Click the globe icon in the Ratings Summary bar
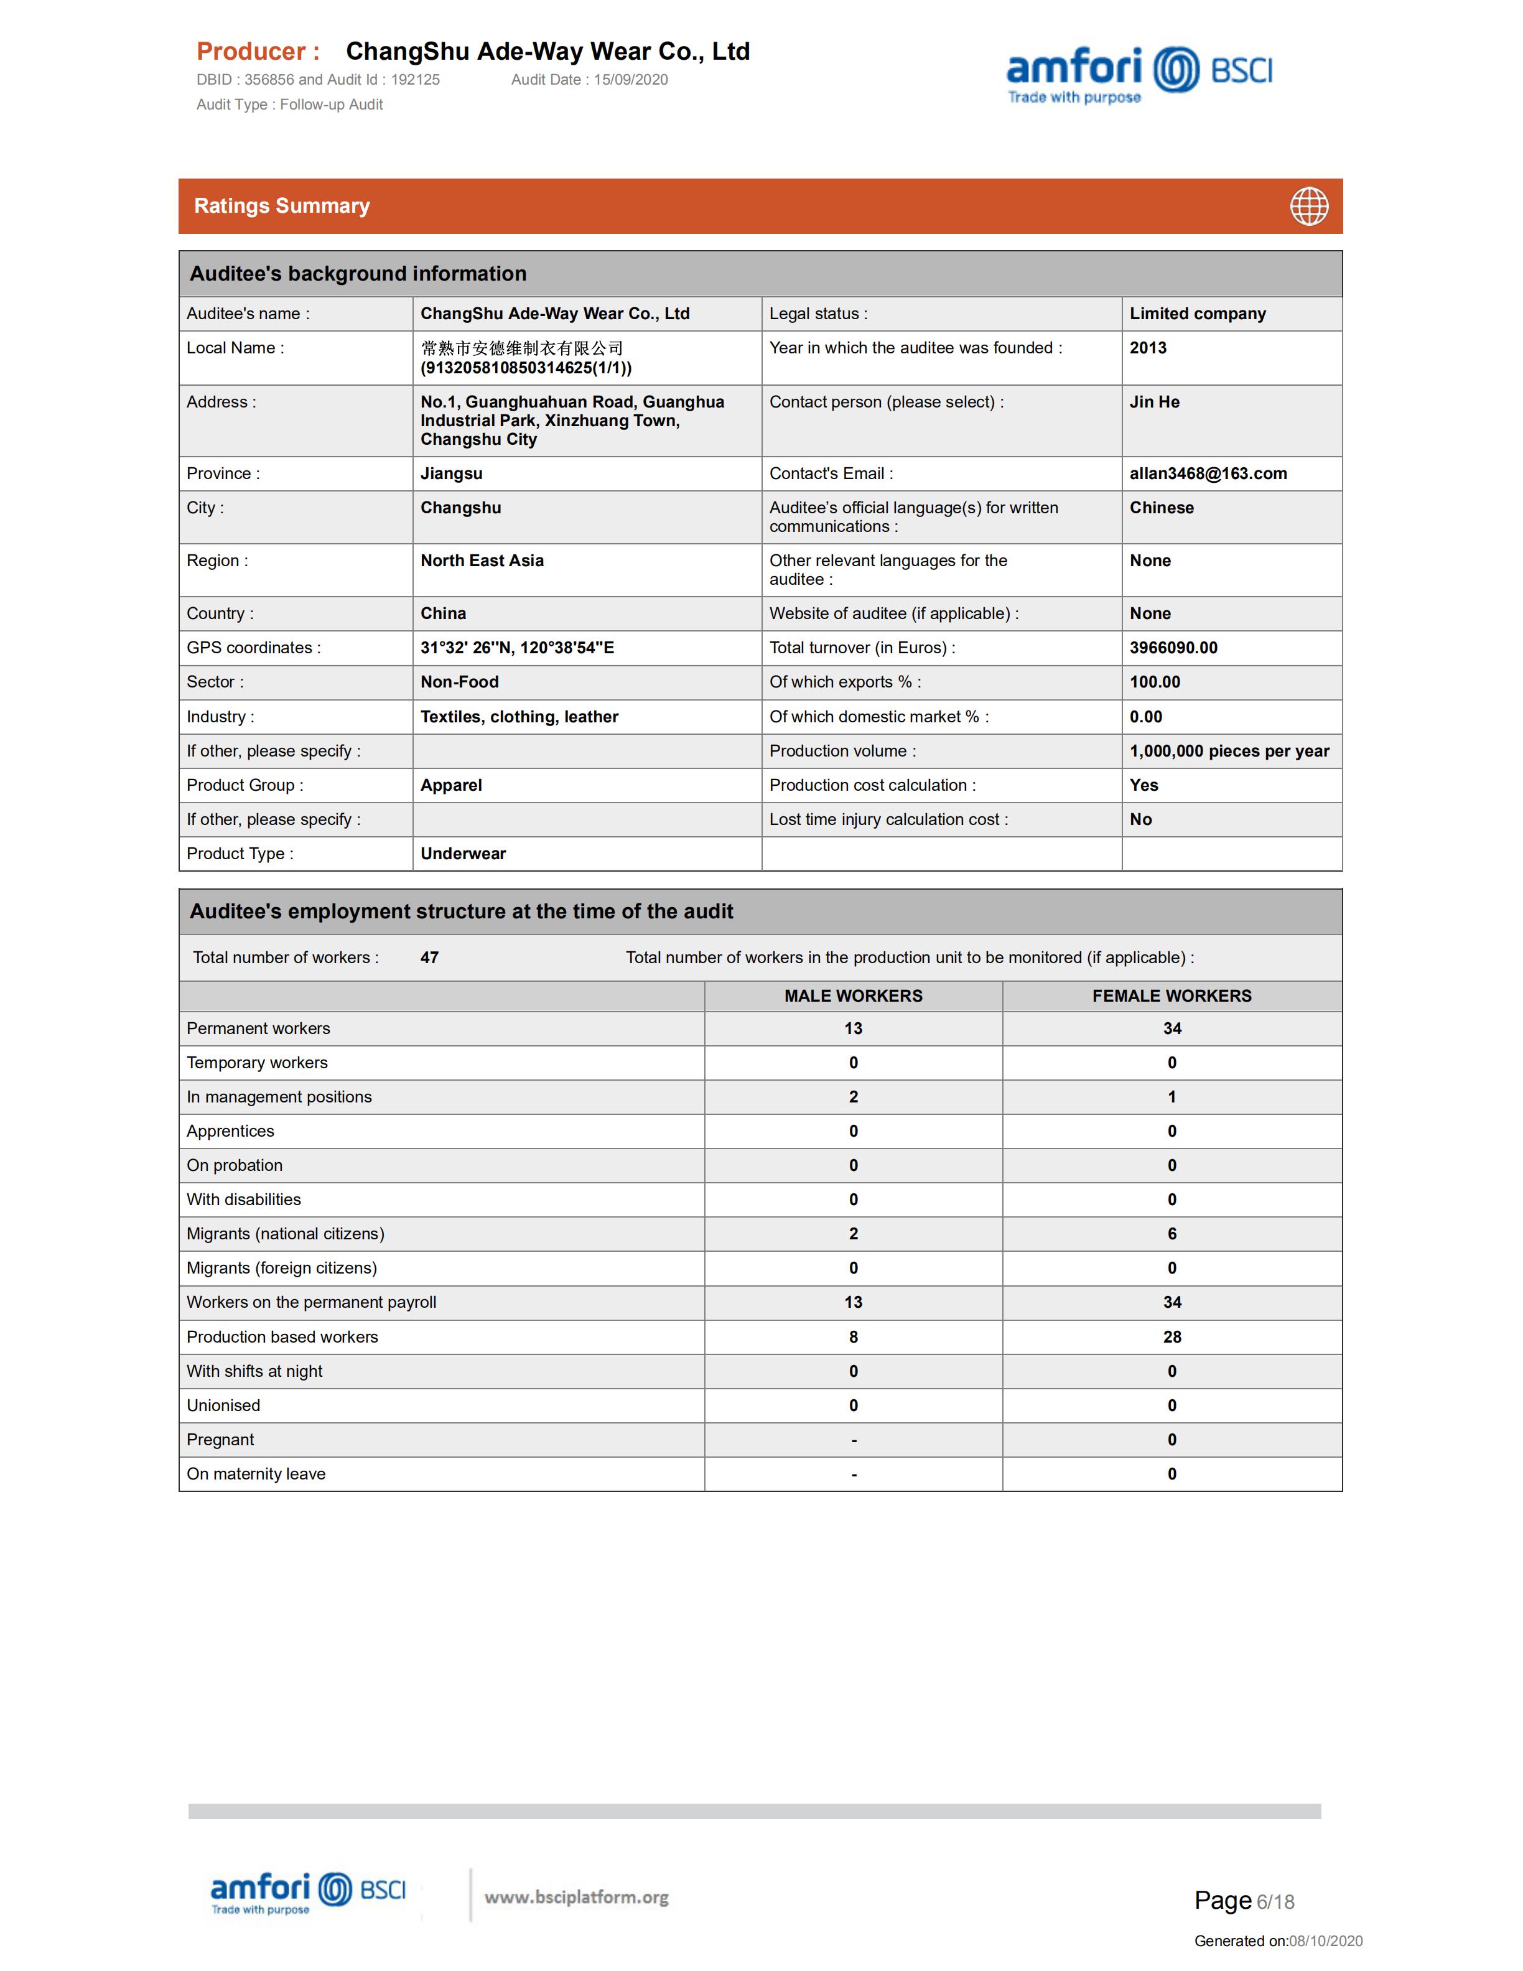(x=1308, y=206)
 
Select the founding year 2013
(x=1148, y=348)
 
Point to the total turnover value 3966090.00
(x=1173, y=648)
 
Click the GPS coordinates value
(x=517, y=648)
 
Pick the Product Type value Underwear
(x=463, y=854)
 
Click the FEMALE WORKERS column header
(x=1171, y=996)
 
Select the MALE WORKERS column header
(x=852, y=996)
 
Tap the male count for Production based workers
(x=852, y=1338)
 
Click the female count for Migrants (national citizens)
(x=1171, y=1234)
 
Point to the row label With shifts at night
(x=254, y=1372)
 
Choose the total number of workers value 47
(x=429, y=958)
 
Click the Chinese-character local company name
(x=521, y=348)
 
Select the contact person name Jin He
(x=1154, y=403)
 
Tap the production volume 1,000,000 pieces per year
(x=1229, y=751)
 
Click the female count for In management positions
(x=1171, y=1097)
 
